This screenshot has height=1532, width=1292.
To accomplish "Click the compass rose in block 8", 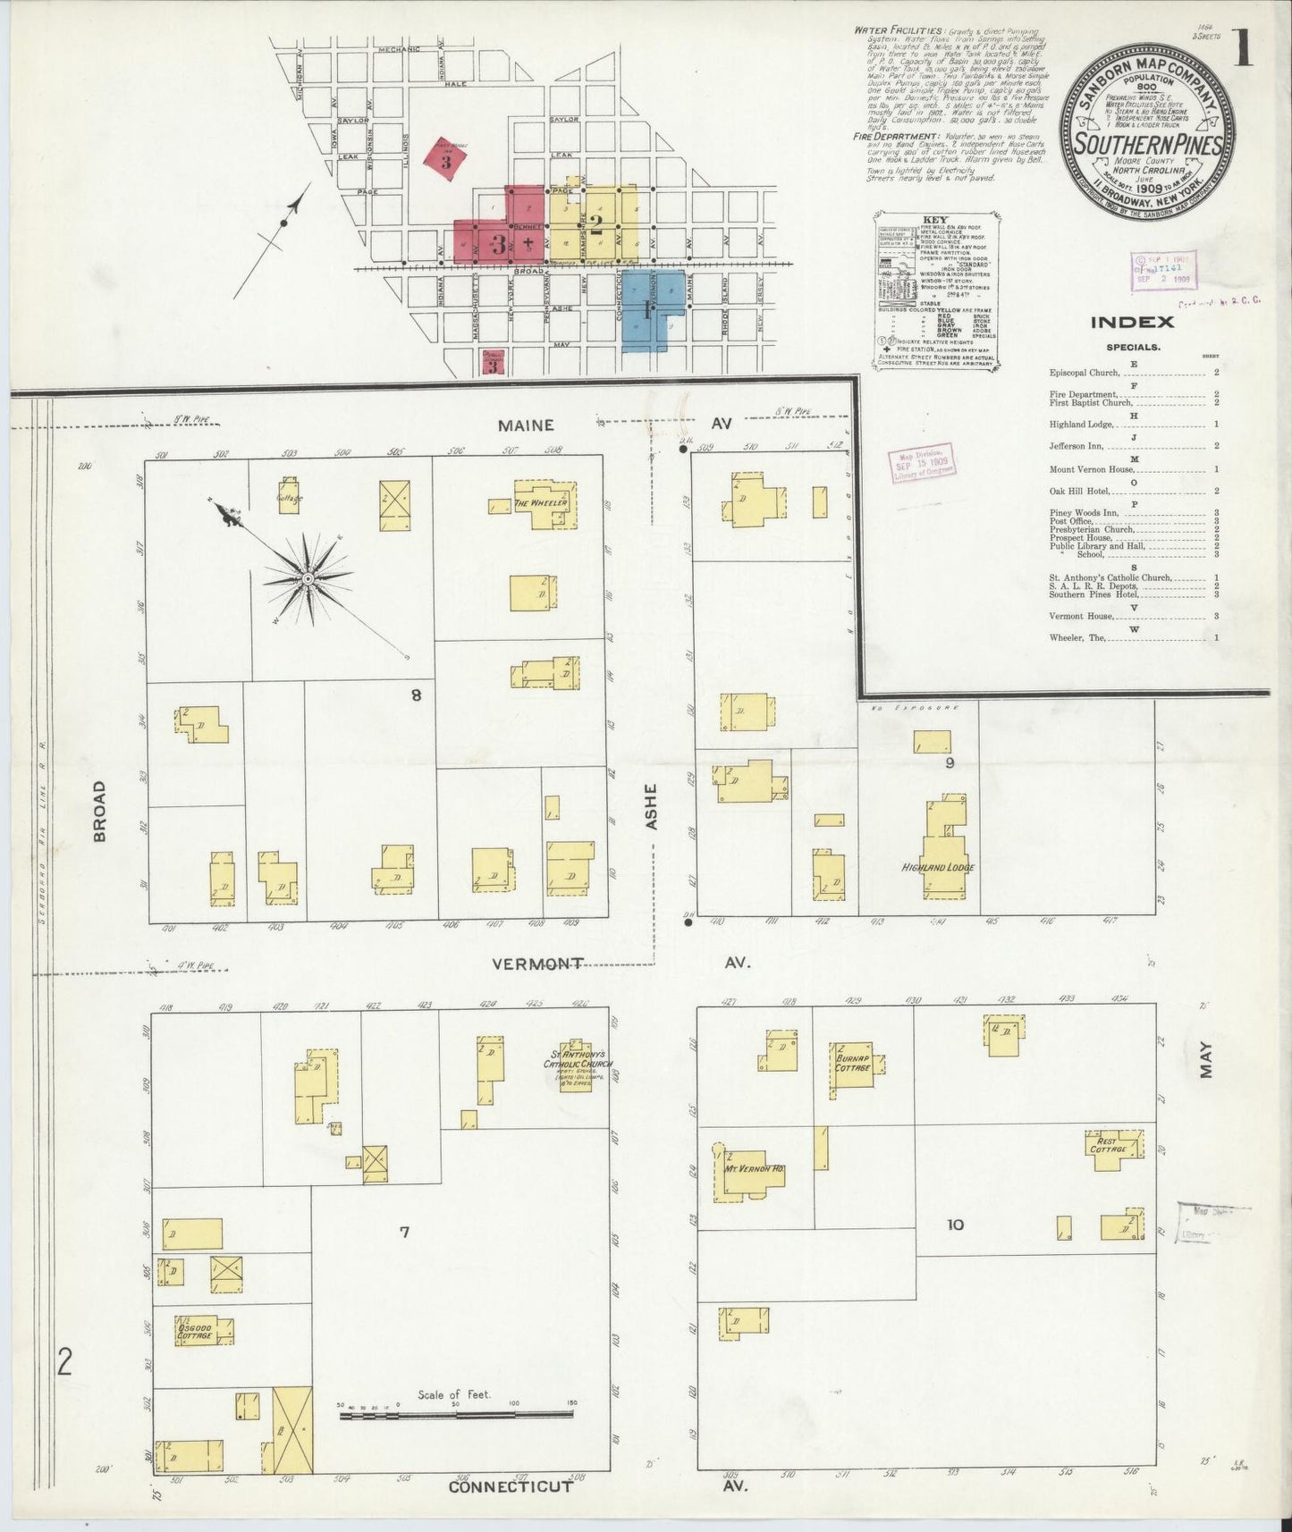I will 307,579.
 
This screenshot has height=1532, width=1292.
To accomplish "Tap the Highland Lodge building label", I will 937,867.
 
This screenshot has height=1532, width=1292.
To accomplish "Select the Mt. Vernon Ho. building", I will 753,1170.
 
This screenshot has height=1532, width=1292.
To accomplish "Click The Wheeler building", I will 542,504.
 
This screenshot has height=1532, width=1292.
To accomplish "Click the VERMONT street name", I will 537,964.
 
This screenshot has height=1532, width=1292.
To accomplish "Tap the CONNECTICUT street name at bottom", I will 510,1487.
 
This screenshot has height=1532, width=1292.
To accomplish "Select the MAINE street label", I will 526,425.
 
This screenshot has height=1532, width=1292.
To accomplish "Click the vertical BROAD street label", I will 99,811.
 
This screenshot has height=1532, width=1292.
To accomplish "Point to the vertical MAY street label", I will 1207,1059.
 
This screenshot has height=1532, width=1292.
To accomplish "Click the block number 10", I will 955,1225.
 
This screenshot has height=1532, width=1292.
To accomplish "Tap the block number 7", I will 404,1233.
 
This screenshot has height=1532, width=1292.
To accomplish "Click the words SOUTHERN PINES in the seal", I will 1148,144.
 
